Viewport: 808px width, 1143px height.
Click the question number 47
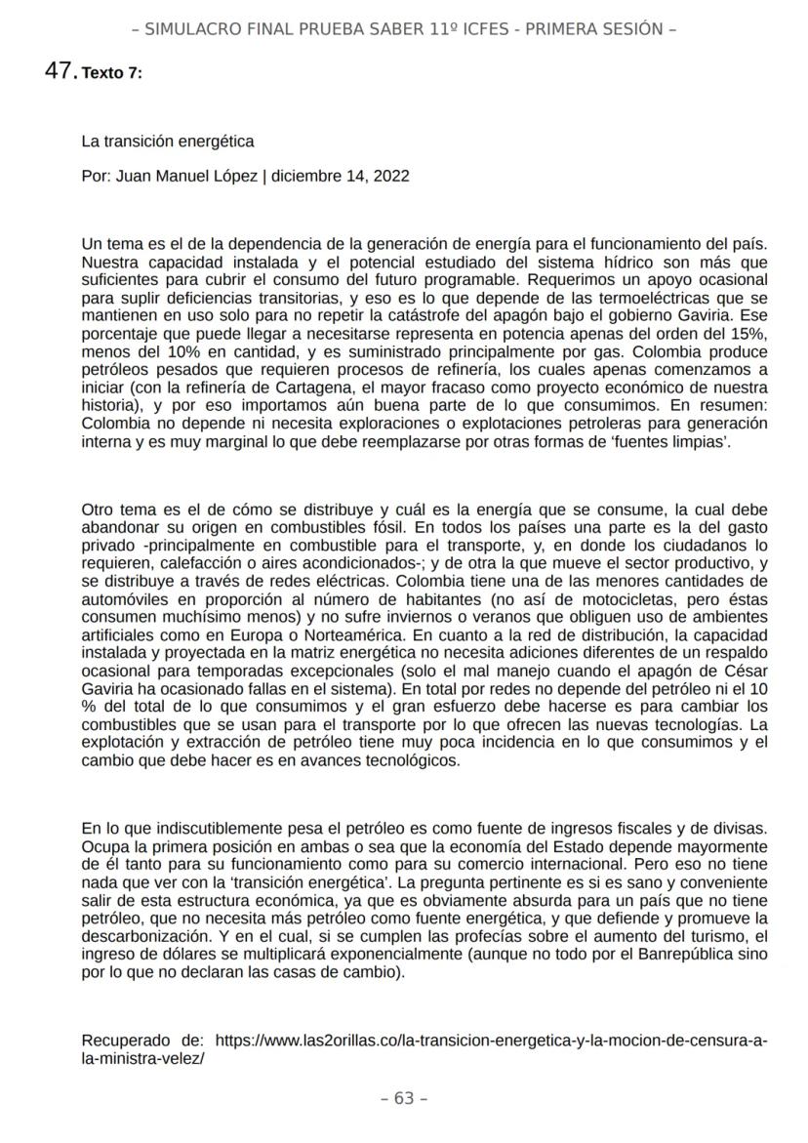(61, 69)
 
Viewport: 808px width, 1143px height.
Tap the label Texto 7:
(112, 72)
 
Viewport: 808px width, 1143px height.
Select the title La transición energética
(168, 142)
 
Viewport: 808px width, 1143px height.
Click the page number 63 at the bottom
(403, 1098)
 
